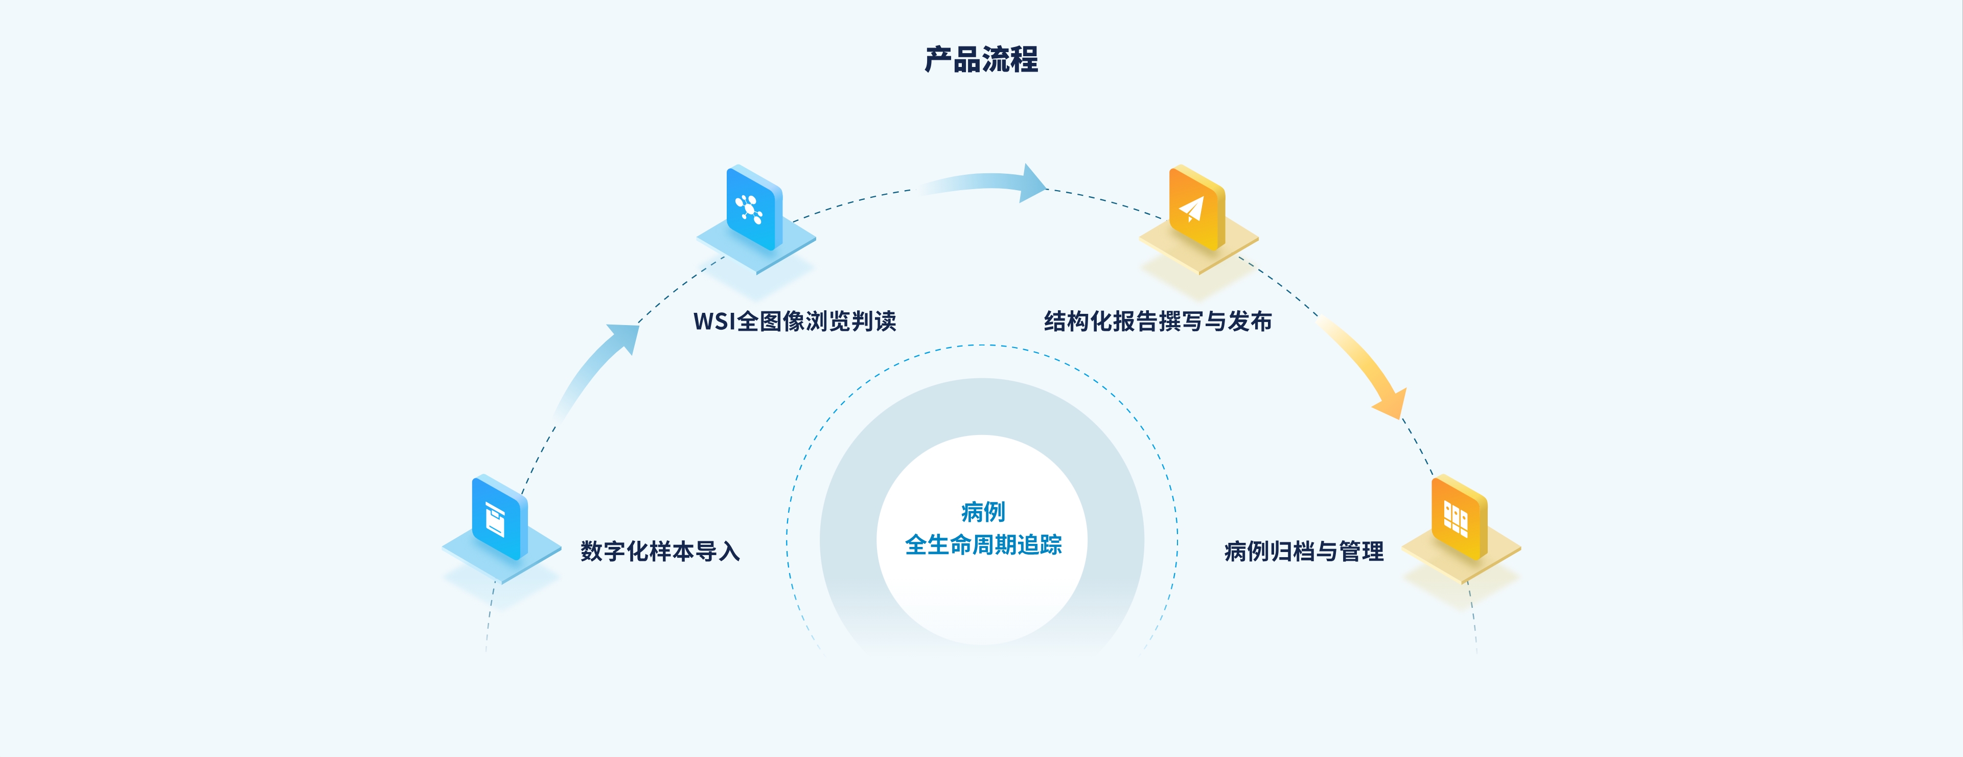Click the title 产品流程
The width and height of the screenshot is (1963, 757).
[x=981, y=59]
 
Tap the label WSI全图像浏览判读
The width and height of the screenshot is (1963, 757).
[x=794, y=321]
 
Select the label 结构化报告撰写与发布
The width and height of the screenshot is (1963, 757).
[x=1158, y=321]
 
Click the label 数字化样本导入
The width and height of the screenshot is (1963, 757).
[x=660, y=550]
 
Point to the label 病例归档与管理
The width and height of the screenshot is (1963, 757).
[x=1303, y=550]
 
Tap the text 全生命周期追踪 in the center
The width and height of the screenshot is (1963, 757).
[x=982, y=544]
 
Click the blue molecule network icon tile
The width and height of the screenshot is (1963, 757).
[x=754, y=208]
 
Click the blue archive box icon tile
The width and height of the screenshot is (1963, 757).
[x=499, y=518]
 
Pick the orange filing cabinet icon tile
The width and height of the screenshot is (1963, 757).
[x=1459, y=518]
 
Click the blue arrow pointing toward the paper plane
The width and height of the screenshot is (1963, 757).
[x=990, y=183]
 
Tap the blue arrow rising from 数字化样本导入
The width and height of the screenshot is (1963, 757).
[x=598, y=366]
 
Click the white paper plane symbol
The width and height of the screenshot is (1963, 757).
[x=1191, y=208]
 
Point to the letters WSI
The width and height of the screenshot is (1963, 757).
[x=713, y=322]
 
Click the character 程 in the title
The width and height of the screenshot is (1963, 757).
[x=1024, y=59]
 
